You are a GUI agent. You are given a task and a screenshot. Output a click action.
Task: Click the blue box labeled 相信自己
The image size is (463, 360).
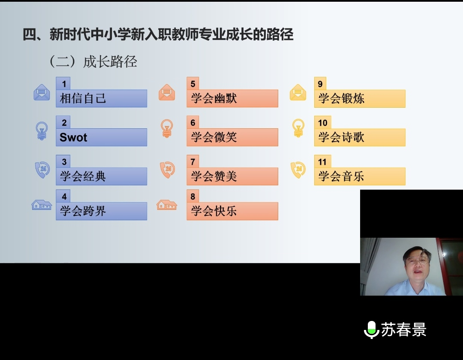click(101, 98)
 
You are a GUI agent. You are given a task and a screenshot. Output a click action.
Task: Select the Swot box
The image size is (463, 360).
click(101, 137)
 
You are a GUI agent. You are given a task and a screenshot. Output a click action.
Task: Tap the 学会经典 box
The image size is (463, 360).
click(101, 176)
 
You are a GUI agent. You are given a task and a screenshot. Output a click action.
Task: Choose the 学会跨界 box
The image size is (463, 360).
click(101, 211)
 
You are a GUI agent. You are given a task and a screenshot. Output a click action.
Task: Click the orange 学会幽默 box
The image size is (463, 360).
click(232, 98)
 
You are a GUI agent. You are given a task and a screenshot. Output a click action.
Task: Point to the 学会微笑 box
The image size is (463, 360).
click(232, 137)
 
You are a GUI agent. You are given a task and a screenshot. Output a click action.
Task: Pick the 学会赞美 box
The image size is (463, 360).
click(232, 176)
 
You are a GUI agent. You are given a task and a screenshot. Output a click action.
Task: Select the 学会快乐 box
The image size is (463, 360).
click(232, 211)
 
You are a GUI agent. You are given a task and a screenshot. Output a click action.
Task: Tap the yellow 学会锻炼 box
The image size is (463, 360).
click(360, 98)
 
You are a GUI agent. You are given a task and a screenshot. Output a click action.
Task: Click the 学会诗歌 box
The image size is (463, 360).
click(360, 137)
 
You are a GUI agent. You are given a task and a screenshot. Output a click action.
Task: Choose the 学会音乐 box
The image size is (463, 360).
click(360, 176)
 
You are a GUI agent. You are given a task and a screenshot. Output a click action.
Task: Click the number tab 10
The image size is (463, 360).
click(322, 122)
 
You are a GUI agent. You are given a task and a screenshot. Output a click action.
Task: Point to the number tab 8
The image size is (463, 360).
click(193, 196)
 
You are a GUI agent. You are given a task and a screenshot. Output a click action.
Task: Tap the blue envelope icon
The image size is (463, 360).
click(42, 92)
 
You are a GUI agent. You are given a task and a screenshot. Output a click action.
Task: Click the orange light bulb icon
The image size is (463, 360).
click(167, 128)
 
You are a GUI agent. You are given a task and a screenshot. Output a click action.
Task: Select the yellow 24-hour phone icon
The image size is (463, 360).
click(298, 169)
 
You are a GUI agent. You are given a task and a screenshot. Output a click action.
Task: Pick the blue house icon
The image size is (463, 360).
click(42, 205)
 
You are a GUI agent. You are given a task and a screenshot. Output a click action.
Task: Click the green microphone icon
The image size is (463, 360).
click(371, 330)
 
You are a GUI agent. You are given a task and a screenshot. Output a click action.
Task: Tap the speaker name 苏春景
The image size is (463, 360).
click(404, 330)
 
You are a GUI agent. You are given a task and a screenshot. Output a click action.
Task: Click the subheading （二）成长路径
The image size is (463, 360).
click(93, 61)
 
